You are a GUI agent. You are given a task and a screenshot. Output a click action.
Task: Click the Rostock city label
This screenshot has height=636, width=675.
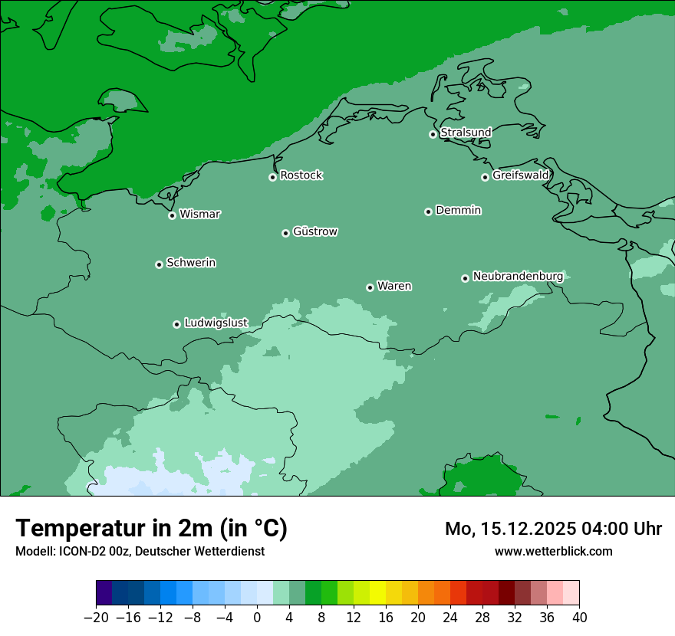(301, 175)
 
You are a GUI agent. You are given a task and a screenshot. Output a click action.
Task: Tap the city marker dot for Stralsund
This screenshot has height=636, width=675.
(433, 134)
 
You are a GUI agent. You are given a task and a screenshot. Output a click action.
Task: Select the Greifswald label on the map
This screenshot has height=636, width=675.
(520, 175)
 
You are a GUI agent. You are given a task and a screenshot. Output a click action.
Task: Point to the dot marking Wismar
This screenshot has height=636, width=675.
(172, 215)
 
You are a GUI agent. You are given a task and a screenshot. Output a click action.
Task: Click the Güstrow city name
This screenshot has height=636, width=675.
(314, 231)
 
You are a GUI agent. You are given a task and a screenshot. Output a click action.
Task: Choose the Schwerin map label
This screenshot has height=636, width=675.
(191, 263)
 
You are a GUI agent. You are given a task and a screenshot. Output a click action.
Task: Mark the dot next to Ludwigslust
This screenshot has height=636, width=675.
(176, 324)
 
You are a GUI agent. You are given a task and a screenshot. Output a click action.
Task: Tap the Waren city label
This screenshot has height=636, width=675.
(394, 287)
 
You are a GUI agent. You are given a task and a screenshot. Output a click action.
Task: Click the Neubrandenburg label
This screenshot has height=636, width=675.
(518, 276)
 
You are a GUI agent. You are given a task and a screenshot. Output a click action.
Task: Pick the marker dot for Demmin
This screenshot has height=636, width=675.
(428, 211)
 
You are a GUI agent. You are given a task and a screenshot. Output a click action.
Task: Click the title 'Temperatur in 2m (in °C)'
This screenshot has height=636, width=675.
(151, 528)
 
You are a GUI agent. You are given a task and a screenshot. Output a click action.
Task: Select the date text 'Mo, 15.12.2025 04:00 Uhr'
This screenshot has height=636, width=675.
(553, 529)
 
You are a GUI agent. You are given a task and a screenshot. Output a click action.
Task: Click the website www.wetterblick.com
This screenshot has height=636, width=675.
(553, 551)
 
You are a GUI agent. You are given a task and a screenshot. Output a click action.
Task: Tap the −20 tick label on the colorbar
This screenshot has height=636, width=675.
(96, 618)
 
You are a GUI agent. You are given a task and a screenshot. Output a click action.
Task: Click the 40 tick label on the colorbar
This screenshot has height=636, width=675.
(579, 618)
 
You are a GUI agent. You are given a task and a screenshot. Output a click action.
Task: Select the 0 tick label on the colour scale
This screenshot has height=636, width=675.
(257, 618)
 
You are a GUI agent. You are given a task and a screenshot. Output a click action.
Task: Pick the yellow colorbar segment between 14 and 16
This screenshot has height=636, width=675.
(377, 593)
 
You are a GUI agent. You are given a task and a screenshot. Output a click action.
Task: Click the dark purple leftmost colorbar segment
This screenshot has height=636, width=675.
(104, 593)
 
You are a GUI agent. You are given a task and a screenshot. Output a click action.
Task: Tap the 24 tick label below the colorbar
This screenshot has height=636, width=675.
(450, 618)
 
